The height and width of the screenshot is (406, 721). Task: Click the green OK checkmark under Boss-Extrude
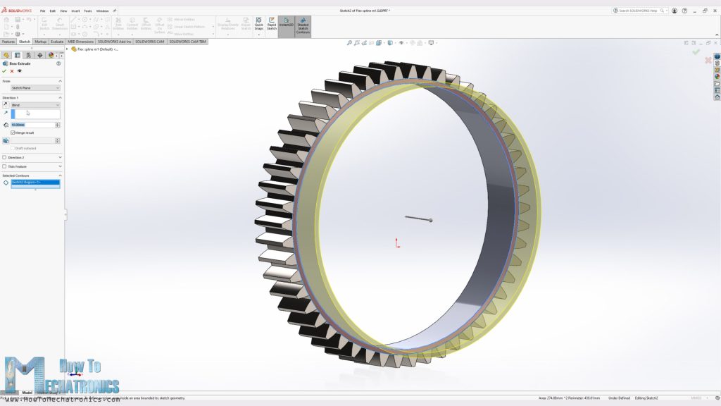click(4, 70)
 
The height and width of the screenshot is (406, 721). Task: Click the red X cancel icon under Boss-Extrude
click(12, 70)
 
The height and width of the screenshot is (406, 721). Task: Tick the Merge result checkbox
click(13, 133)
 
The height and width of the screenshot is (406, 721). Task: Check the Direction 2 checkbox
click(4, 157)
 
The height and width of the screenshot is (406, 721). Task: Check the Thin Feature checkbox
click(4, 166)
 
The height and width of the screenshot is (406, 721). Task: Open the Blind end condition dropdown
click(35, 105)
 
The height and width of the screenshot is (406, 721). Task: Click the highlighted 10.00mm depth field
click(32, 125)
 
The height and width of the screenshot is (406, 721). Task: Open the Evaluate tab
click(56, 42)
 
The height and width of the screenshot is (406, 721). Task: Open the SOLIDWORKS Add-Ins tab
click(115, 42)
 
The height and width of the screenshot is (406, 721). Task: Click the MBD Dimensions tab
click(80, 42)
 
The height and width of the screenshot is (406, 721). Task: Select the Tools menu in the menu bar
click(87, 11)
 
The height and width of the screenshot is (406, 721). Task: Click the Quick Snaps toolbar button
click(259, 26)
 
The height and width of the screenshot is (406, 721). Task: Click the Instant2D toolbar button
click(287, 26)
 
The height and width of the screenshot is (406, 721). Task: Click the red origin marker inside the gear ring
click(397, 243)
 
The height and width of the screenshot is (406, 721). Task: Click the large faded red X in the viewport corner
click(708, 61)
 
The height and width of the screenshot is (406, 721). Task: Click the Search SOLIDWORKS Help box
click(639, 11)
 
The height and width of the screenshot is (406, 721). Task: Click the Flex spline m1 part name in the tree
click(95, 49)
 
